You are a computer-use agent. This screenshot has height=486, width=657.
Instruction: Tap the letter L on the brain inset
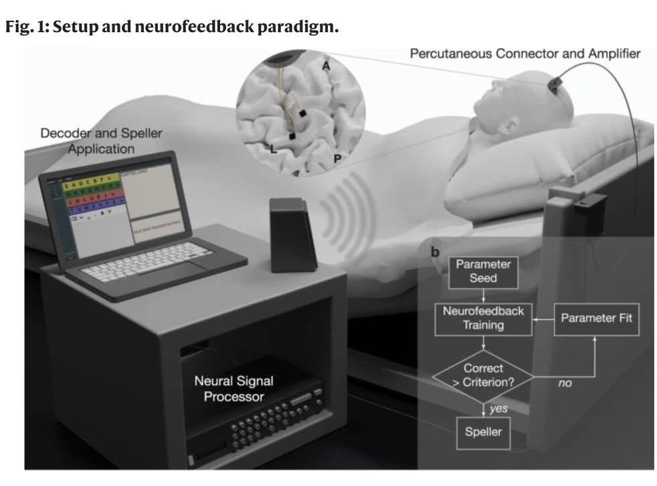(273, 148)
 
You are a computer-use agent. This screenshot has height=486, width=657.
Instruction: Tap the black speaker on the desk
(293, 234)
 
